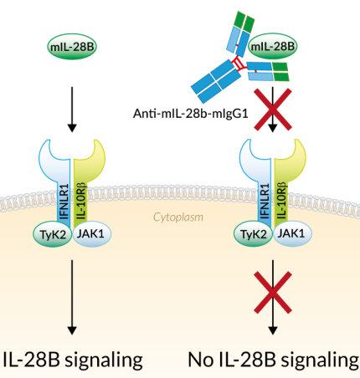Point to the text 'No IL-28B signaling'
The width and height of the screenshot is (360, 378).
click(269, 360)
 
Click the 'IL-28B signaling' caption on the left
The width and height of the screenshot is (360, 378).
click(72, 360)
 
